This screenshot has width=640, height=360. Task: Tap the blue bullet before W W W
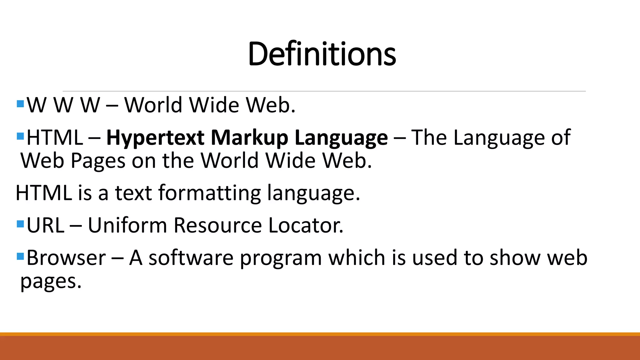point(21,104)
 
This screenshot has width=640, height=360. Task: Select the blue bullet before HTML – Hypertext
point(21,136)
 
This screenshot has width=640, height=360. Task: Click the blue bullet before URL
point(21,224)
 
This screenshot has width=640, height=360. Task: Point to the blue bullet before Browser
point(21,257)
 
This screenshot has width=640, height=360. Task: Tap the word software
point(191,258)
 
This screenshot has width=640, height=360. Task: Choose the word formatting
point(210,193)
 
